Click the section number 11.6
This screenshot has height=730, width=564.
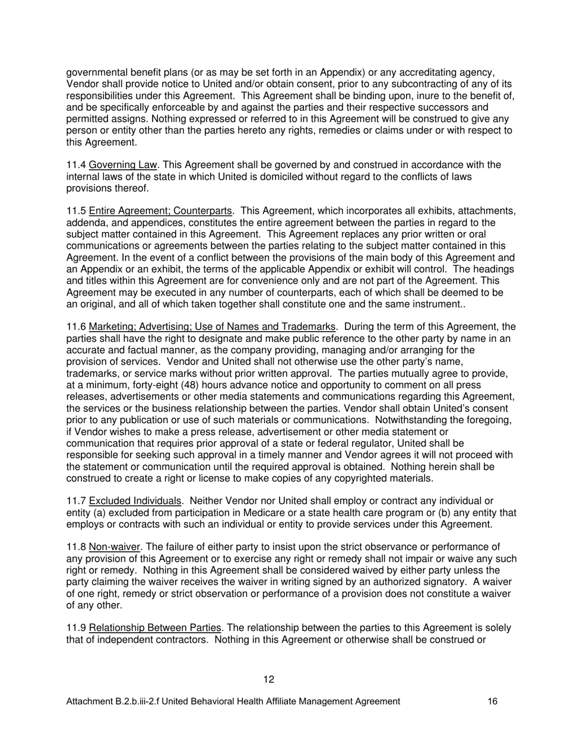pos(76,327)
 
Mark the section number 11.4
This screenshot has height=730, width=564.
pos(76,165)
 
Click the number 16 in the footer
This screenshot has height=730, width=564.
pos(492,702)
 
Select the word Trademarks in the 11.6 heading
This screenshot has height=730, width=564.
pos(310,327)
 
